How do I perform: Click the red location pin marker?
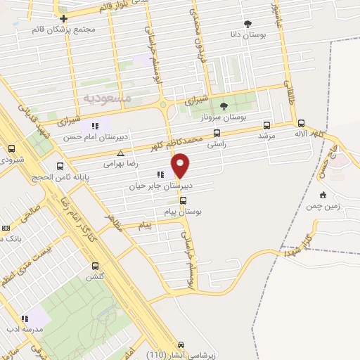tap(181, 165)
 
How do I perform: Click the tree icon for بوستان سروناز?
tap(224, 106)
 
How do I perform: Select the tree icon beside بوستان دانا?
tap(247, 23)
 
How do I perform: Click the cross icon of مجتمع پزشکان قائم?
tap(63, 18)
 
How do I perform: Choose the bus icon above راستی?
tap(217, 133)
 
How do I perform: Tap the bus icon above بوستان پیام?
tap(183, 200)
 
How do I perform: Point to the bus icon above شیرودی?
tap(11, 148)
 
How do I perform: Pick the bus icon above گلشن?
tap(95, 266)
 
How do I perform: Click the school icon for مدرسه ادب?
tap(25, 319)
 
